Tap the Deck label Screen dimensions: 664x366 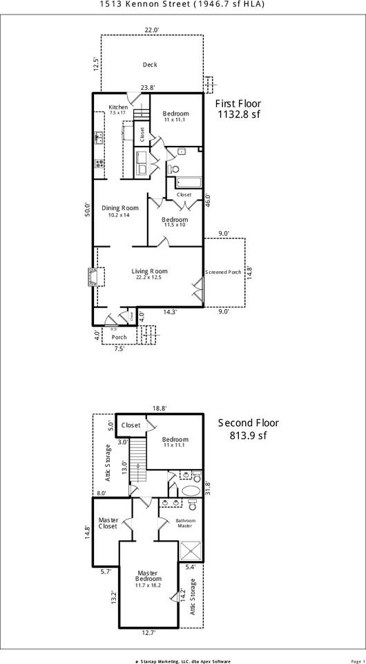tap(150, 65)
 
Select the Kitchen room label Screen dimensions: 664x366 tap(118, 107)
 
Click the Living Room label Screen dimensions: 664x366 tap(150, 271)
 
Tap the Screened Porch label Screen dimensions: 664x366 tap(223, 272)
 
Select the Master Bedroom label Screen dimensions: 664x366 tap(148, 576)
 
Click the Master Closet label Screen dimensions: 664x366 tap(108, 522)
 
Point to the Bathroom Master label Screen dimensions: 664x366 tap(184, 523)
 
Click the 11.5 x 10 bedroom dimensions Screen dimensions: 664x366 tap(175, 225)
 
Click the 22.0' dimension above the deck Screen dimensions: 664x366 tap(152, 30)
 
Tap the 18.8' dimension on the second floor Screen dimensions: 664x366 tap(159, 409)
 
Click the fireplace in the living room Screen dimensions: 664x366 tap(91, 277)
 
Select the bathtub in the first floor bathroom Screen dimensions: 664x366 tap(188, 183)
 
